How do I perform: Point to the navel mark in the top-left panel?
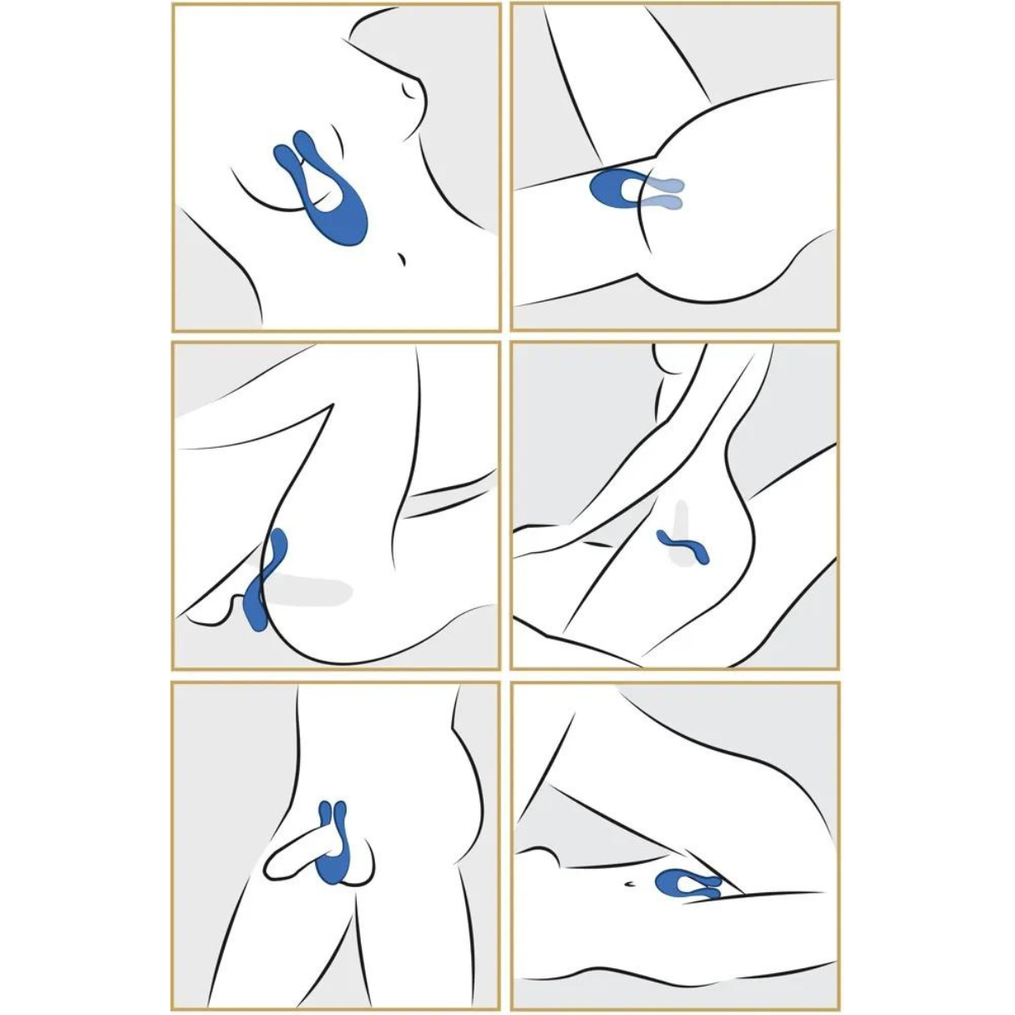tap(402, 260)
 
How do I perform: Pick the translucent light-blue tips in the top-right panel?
tap(668, 193)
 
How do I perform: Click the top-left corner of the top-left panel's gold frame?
tap(174, 5)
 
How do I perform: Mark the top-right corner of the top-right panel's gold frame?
tap(838, 5)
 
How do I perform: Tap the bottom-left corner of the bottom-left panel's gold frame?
tap(174, 1008)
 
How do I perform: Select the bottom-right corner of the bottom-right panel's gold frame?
tap(838, 1008)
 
